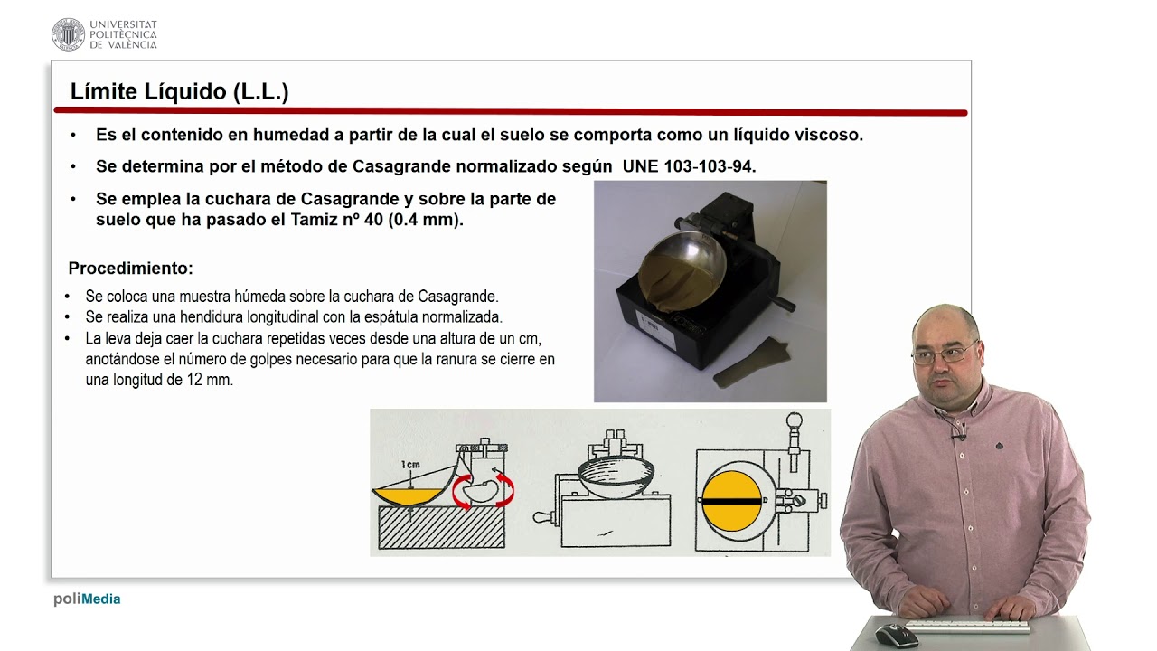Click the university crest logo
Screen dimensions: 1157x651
68,34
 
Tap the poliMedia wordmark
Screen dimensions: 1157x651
87,599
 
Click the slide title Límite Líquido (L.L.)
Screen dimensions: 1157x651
179,91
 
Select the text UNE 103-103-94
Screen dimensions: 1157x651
689,166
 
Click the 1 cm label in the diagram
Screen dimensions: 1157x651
410,465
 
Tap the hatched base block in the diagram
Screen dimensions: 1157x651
441,526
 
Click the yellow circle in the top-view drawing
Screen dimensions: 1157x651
731,501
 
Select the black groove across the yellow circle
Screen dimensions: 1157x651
731,501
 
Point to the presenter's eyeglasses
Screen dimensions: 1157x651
945,354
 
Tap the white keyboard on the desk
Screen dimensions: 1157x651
966,626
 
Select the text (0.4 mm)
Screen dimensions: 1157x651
426,220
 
